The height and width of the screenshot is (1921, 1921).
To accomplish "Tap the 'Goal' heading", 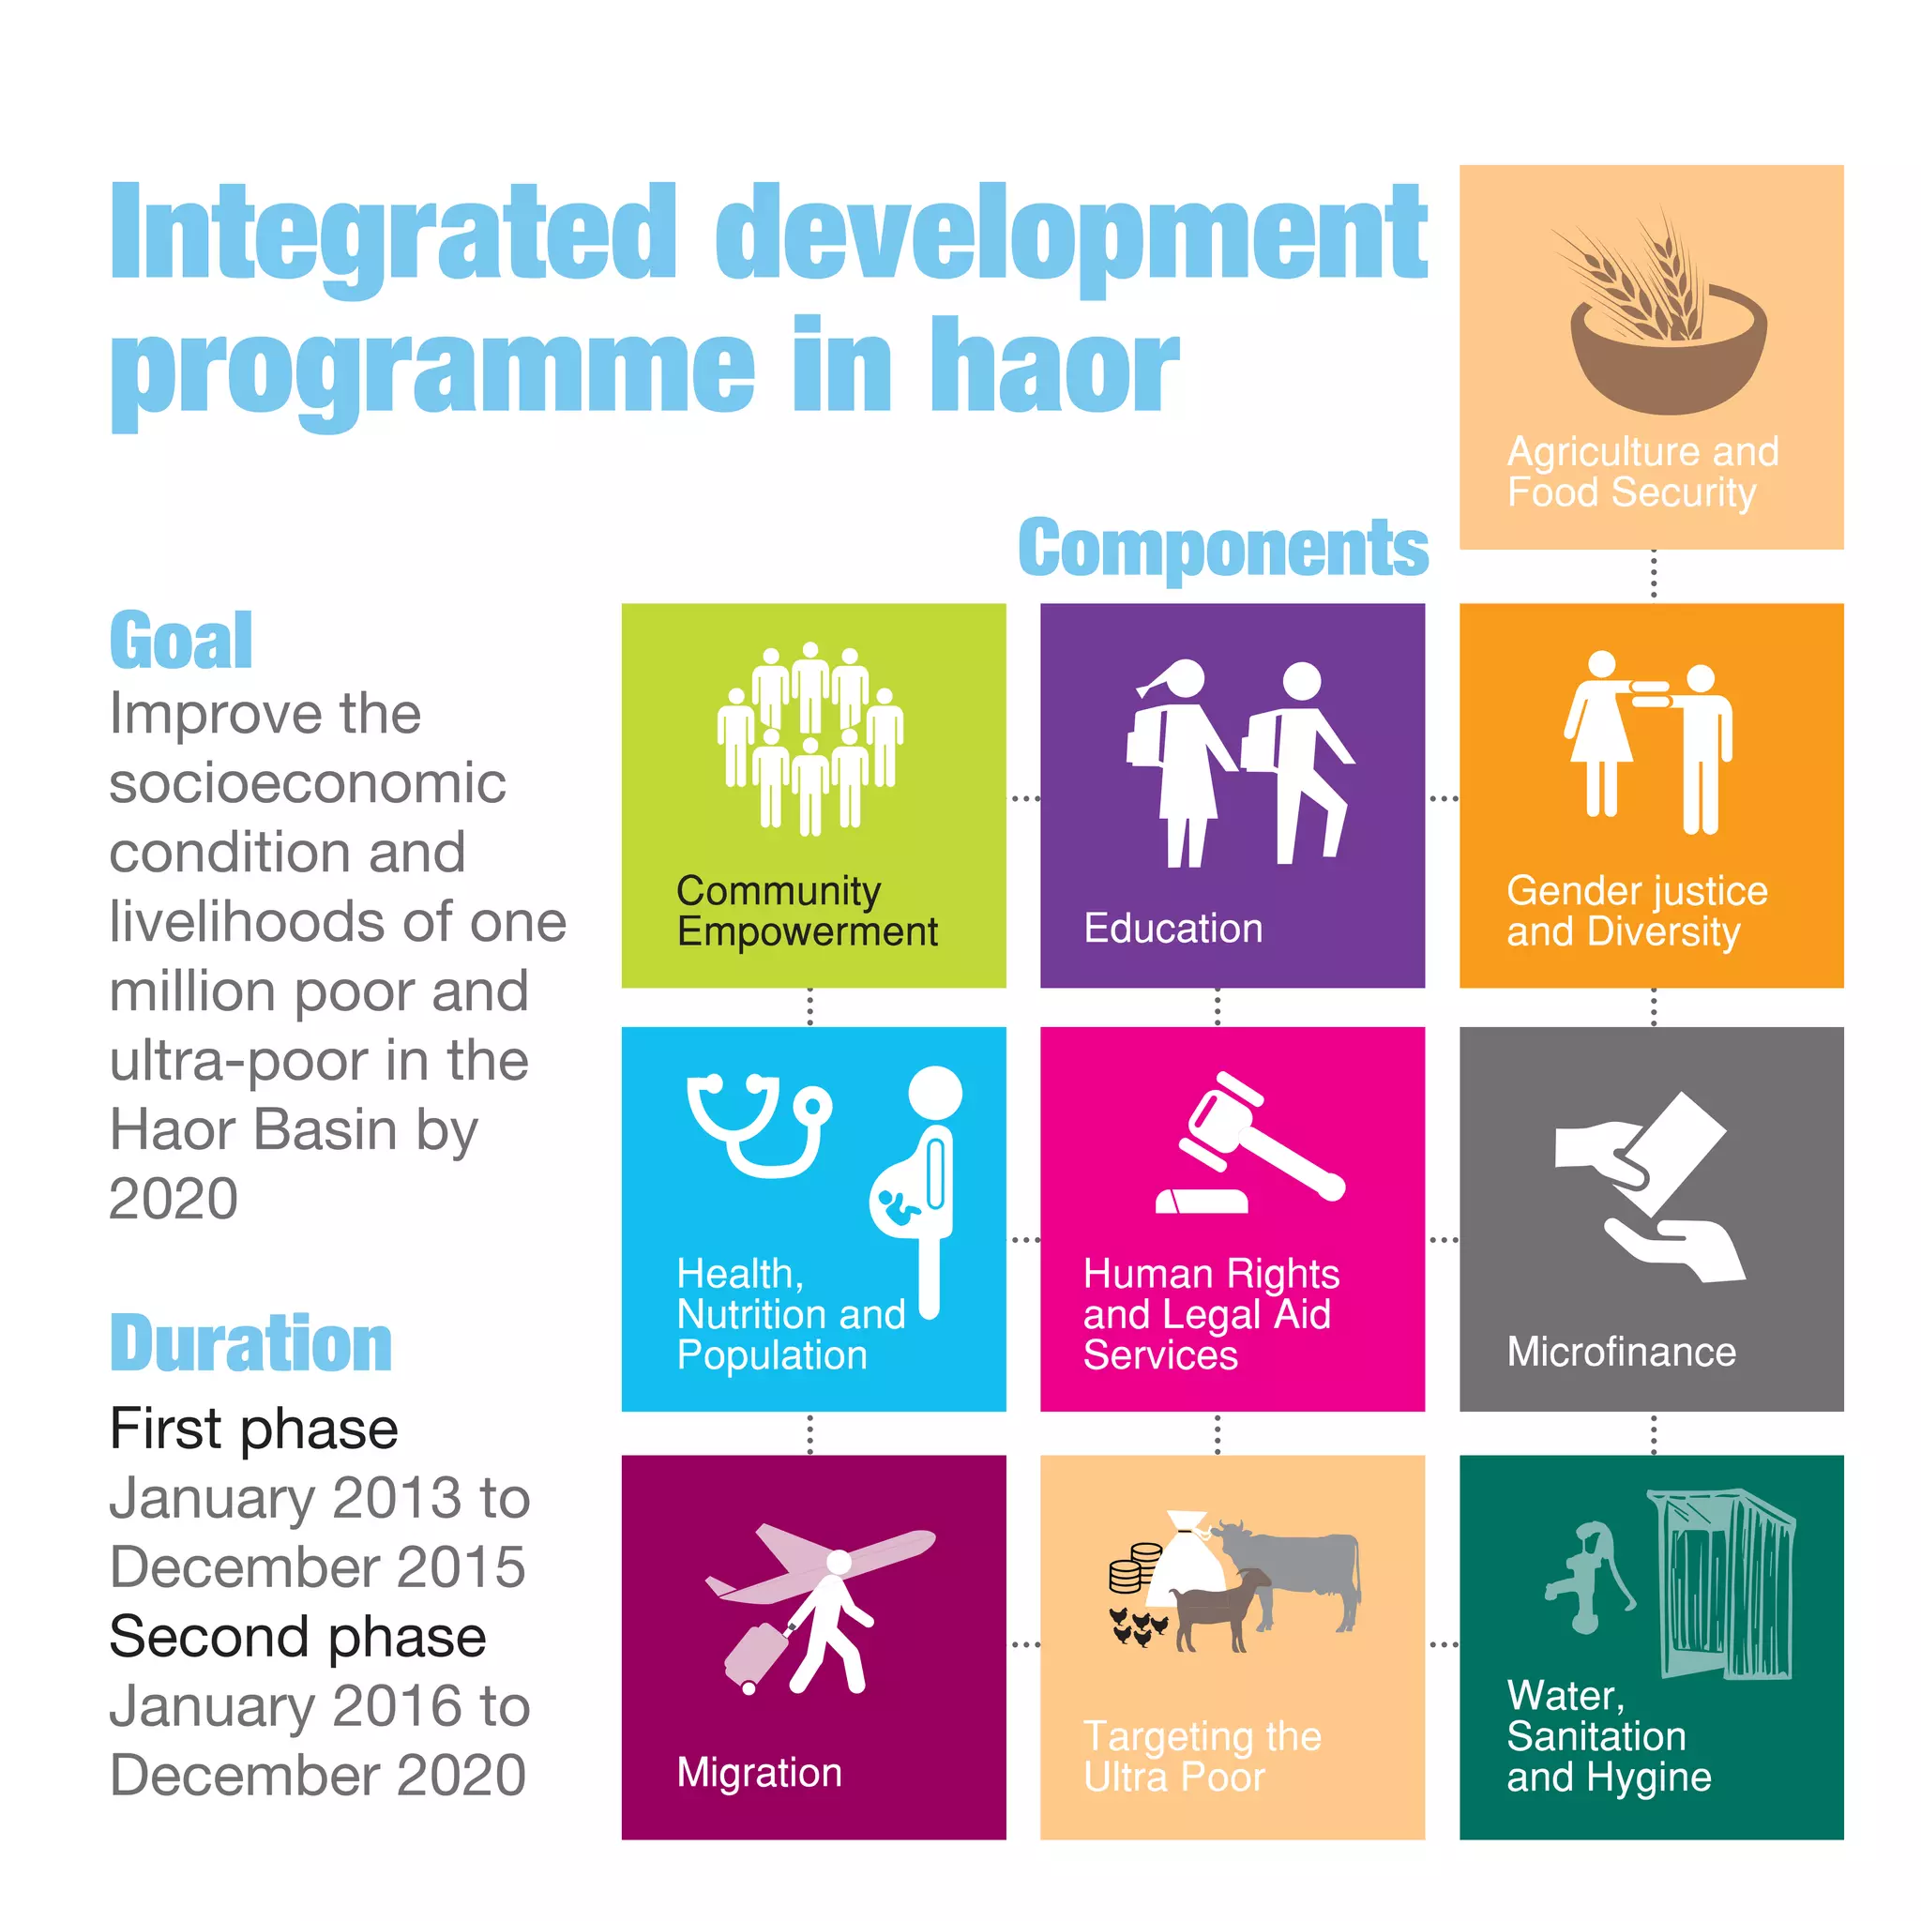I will click(181, 642).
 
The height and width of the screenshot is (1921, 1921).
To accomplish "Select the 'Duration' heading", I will click(250, 1343).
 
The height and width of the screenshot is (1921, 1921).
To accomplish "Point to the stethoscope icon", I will click(760, 1123).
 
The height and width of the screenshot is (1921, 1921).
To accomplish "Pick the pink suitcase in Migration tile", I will click(758, 1655).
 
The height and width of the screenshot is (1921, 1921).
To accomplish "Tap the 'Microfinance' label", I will click(1621, 1353).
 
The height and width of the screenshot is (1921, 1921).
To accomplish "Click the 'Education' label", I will click(1173, 929).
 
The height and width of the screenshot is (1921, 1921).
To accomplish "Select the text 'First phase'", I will click(253, 1429).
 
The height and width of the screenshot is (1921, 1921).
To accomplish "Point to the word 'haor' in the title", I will click(1054, 368).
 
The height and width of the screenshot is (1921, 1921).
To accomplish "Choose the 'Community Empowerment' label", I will click(807, 911).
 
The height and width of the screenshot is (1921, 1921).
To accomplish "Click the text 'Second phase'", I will click(297, 1637).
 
